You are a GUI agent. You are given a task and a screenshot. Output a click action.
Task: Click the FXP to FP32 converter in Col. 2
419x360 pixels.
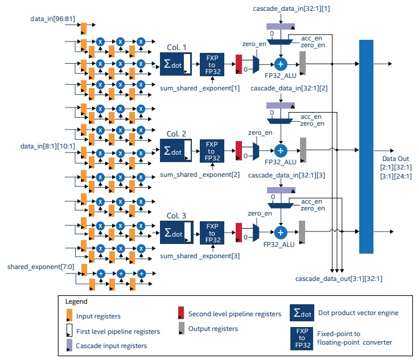pos(212,150)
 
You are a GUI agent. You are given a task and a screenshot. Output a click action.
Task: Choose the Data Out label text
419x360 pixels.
pos(393,160)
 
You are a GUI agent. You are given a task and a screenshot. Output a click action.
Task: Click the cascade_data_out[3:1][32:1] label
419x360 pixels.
pos(339,279)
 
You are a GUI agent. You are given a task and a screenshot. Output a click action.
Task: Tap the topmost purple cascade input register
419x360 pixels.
pos(281,26)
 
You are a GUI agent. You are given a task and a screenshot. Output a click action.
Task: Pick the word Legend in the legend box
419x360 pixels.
pos(76,301)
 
